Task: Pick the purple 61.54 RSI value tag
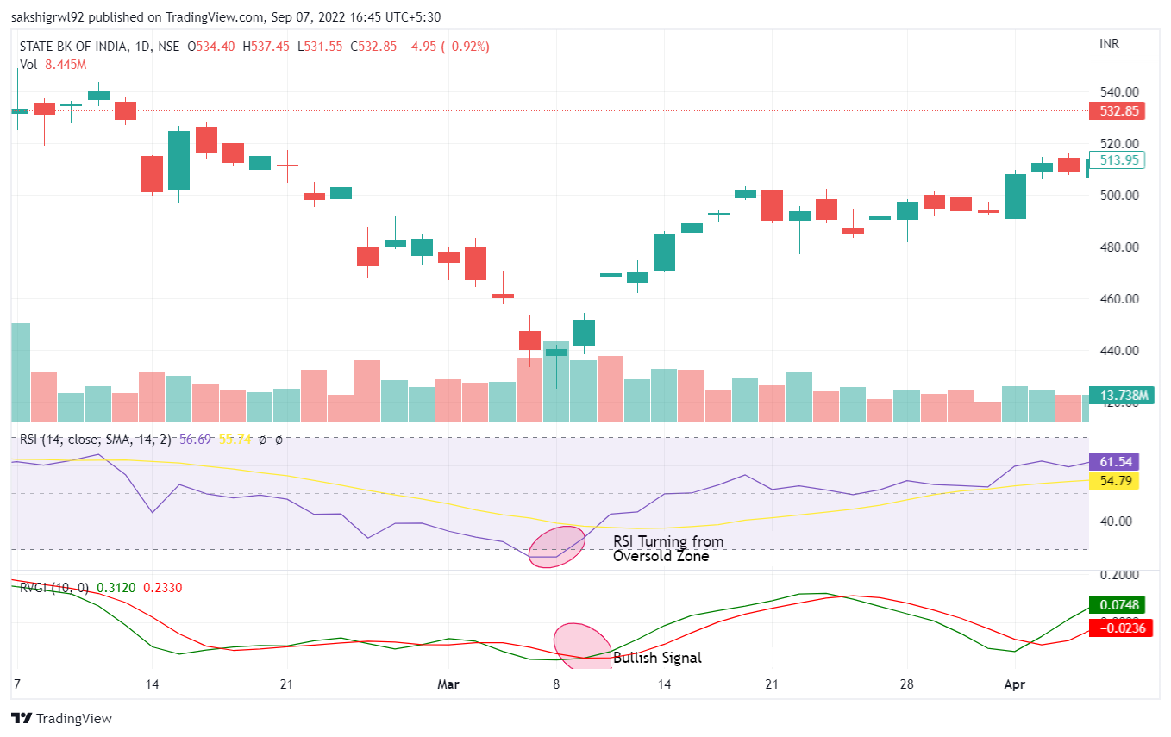[x=1114, y=461]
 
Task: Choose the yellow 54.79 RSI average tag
[x=1114, y=480]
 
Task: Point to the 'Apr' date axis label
[x=1015, y=684]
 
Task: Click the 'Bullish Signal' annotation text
[x=657, y=658]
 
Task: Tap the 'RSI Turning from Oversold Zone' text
[x=667, y=549]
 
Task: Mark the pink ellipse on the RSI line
[x=556, y=547]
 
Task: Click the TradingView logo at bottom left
[x=62, y=718]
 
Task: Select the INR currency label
[x=1111, y=44]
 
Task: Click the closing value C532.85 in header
[x=373, y=47]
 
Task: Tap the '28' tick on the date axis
[x=907, y=684]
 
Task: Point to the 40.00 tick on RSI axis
[x=1115, y=521]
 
